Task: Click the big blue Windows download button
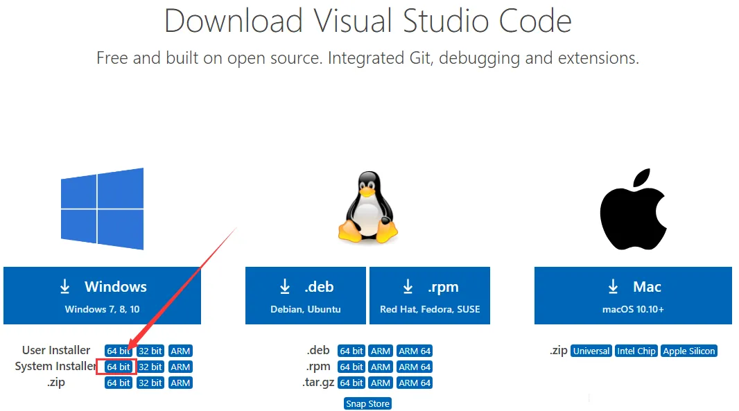click(102, 295)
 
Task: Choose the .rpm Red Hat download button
click(429, 295)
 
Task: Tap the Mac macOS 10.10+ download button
click(633, 295)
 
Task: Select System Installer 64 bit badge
click(119, 367)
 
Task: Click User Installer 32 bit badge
click(150, 351)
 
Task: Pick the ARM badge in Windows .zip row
click(180, 383)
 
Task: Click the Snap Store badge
click(367, 403)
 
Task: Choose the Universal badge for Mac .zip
click(591, 351)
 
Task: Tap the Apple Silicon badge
click(689, 351)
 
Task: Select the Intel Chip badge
click(636, 351)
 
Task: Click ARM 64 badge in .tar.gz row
click(415, 383)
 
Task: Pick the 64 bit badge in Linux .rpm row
click(351, 367)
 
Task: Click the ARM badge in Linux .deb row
click(381, 351)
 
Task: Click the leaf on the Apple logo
click(641, 178)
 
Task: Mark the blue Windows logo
click(103, 209)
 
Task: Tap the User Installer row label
click(56, 350)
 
